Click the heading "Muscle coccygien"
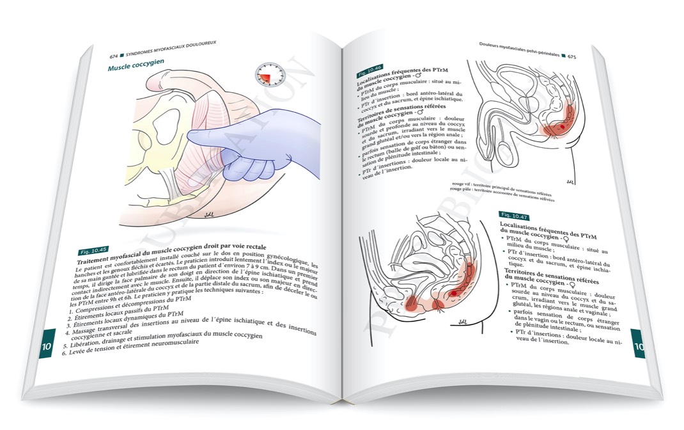click(136, 68)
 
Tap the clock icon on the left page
click(267, 75)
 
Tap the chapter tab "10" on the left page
click(47, 347)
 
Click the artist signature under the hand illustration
click(207, 216)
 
